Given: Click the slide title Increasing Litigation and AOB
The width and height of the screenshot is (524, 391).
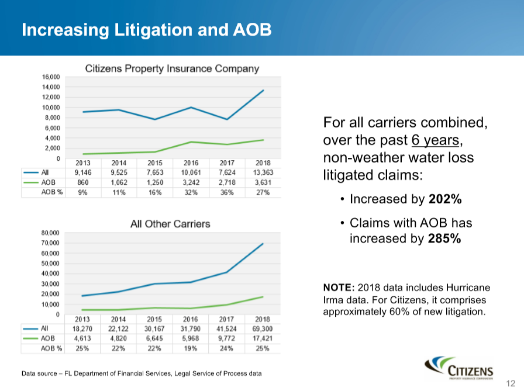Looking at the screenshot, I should [146, 30].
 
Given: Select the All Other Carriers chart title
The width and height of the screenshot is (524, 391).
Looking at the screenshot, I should [170, 224].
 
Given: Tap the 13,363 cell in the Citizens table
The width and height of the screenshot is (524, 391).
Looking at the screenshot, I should [263, 173].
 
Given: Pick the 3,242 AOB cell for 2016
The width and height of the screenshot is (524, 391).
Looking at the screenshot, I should [191, 183].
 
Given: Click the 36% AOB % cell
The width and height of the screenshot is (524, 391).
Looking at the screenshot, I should [227, 193].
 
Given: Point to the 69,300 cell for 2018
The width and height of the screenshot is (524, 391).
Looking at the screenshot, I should [263, 329].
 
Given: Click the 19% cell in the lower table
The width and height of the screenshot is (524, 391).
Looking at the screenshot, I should [191, 348].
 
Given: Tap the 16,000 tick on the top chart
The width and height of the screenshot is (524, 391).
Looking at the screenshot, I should [51, 77].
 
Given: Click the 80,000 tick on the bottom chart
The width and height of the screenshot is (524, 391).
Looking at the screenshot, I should [51, 233].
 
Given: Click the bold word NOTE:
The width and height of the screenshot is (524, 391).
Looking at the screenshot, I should [339, 288].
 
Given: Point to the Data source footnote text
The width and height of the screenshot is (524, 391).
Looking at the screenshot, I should [141, 373].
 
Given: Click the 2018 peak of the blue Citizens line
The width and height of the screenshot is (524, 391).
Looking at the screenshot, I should [263, 91].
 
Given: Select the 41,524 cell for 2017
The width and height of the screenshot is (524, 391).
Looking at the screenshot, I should [227, 329].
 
